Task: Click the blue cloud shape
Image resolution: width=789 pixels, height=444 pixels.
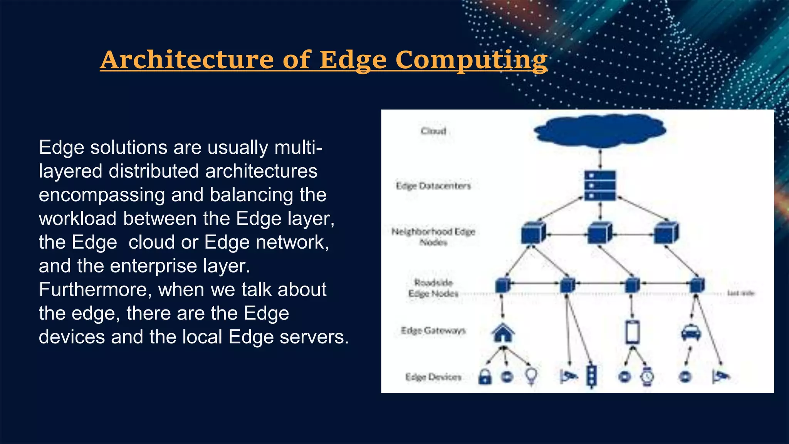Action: [600, 131]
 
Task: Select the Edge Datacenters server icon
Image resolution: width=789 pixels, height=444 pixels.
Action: [600, 185]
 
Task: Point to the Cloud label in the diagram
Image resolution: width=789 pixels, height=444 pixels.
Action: [433, 131]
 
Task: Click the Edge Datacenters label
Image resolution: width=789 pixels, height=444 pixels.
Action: [433, 186]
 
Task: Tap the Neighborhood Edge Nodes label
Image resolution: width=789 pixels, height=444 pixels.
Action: [433, 237]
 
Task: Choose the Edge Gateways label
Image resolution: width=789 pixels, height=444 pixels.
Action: [433, 331]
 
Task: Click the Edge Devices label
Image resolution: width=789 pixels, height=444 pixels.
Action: [433, 377]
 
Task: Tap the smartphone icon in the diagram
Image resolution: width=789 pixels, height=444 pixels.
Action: [633, 332]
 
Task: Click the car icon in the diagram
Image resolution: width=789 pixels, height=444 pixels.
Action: [691, 332]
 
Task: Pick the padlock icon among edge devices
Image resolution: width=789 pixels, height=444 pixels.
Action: [485, 377]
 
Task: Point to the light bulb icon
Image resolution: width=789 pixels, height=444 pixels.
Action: [531, 375]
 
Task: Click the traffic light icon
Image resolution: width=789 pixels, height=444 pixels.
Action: [591, 376]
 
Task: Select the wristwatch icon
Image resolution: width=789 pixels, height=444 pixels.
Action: [647, 377]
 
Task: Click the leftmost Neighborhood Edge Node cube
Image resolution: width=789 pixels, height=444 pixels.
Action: [533, 233]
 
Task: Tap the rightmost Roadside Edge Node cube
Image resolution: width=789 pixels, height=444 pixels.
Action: [697, 285]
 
